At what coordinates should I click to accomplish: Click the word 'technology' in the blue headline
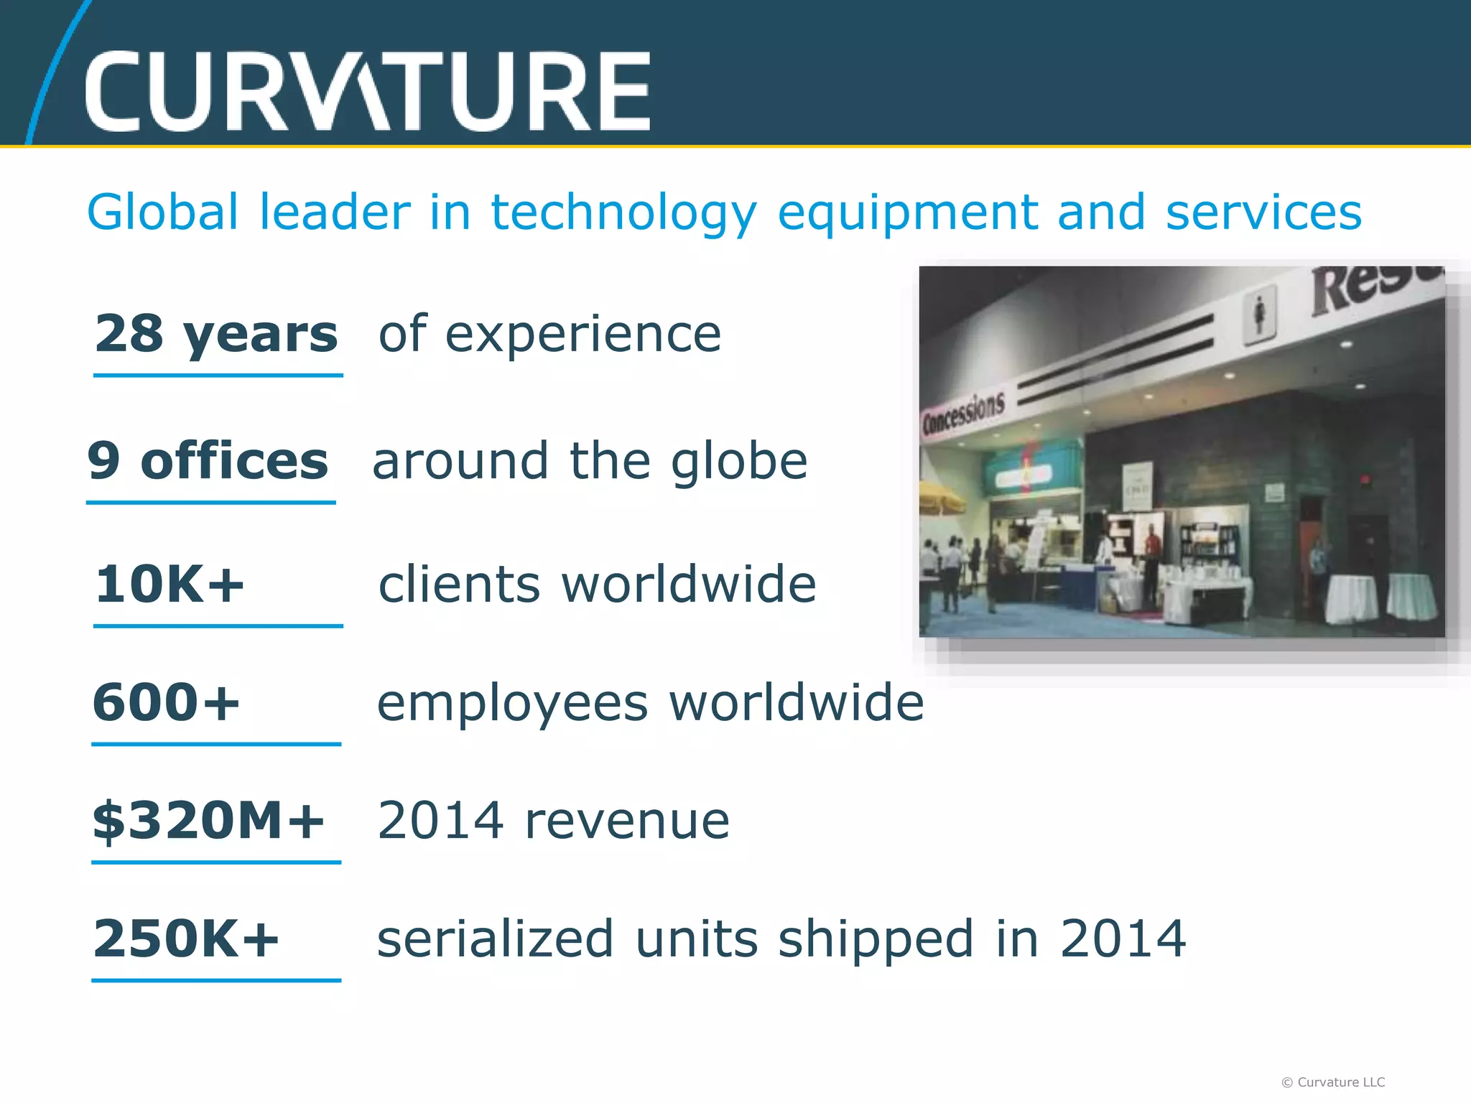click(x=623, y=213)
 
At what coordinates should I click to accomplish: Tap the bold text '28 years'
click(x=216, y=334)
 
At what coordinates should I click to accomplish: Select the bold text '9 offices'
click(x=208, y=461)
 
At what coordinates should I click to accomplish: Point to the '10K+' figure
click(x=170, y=584)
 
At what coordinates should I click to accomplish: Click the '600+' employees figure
click(x=166, y=702)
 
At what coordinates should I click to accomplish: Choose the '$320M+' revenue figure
click(x=208, y=820)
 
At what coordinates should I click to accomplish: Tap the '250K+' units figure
click(x=185, y=939)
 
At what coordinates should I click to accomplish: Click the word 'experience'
click(x=583, y=335)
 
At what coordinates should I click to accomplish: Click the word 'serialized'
click(x=496, y=939)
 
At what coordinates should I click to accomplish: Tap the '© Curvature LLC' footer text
click(x=1333, y=1081)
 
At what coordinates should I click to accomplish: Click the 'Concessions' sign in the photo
click(x=963, y=412)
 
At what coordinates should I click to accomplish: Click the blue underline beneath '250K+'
click(x=216, y=979)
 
